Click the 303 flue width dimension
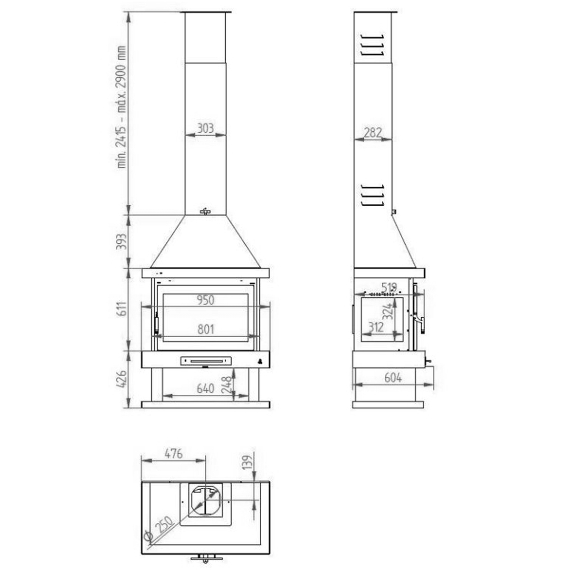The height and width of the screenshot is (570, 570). (x=205, y=128)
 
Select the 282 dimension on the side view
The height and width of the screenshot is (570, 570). (x=372, y=133)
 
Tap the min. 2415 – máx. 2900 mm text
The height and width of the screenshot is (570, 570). (x=122, y=107)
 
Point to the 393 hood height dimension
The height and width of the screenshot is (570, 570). (x=122, y=242)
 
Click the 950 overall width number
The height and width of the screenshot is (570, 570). (x=205, y=300)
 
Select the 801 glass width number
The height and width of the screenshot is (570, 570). (x=205, y=329)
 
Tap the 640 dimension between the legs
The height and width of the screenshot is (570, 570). (x=205, y=389)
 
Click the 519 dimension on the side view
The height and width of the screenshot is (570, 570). (x=389, y=287)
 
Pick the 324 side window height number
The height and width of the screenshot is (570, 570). (x=389, y=311)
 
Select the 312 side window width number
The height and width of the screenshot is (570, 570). (x=376, y=328)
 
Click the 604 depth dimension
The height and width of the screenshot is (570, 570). (x=393, y=378)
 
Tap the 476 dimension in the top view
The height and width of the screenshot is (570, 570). (x=173, y=454)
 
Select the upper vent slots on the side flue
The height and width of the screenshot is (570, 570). (x=372, y=45)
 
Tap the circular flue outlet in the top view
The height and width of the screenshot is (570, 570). (x=205, y=501)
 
